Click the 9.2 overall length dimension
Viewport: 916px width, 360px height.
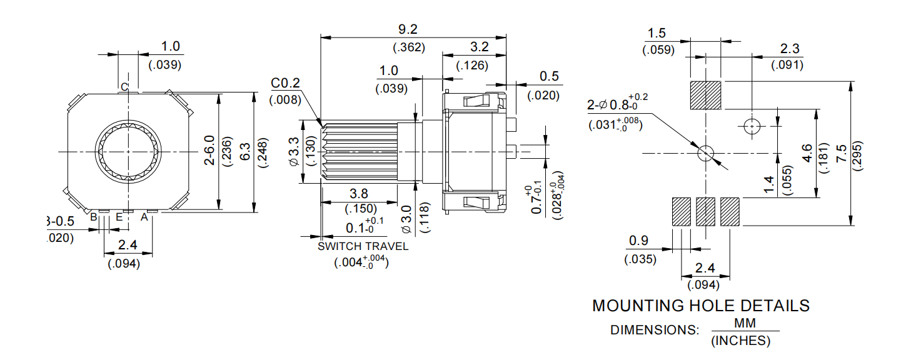[407, 29]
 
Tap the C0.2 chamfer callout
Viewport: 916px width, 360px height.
[286, 84]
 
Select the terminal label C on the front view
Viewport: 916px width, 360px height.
[124, 87]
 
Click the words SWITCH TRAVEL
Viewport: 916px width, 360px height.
[363, 246]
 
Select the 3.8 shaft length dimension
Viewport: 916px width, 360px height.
[359, 194]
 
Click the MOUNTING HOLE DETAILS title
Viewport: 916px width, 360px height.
[700, 306]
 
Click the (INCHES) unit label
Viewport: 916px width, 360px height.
[741, 341]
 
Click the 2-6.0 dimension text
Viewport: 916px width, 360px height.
[209, 152]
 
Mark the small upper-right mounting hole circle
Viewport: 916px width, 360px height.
[752, 126]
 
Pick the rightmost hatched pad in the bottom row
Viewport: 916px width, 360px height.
[730, 212]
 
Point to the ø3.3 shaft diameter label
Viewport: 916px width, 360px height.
[294, 152]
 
